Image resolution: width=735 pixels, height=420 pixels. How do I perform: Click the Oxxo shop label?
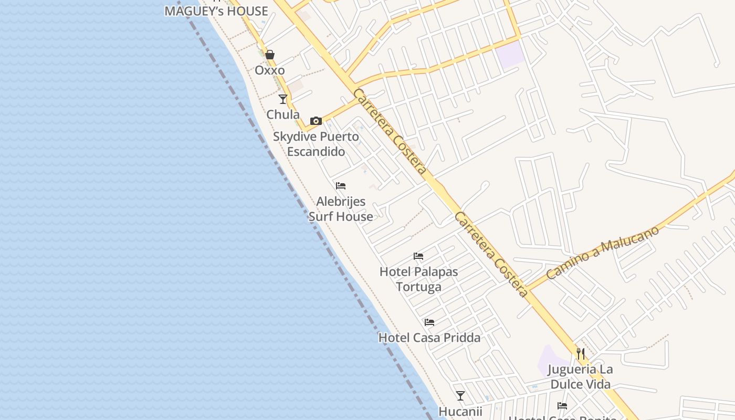270,70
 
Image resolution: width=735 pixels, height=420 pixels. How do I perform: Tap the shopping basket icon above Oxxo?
270,55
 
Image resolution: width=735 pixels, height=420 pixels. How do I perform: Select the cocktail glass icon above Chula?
283,99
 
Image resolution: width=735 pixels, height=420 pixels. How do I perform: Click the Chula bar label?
283,114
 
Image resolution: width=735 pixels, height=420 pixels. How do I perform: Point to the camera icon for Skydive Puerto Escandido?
316,121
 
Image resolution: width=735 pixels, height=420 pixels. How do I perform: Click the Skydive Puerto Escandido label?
316,144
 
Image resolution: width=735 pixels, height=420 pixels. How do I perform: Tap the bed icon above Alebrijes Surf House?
341,185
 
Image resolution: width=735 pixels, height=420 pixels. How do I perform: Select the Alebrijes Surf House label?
341,209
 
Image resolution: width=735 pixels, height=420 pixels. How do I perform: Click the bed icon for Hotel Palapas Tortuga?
418,256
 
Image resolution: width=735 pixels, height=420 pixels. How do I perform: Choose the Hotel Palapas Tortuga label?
418,279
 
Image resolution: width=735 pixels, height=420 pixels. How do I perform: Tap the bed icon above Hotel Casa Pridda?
429,322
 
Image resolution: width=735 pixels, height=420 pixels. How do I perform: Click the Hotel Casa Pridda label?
429,338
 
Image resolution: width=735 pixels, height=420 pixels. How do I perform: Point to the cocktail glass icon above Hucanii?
460,396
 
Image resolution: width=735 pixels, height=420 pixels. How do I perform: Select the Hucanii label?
460,412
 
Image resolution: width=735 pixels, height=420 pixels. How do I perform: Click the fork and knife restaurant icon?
581,353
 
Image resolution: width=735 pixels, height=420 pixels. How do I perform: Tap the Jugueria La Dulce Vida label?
580,377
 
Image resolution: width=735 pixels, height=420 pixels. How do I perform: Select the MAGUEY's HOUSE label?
216,11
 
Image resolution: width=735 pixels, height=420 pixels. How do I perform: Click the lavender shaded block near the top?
511,55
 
